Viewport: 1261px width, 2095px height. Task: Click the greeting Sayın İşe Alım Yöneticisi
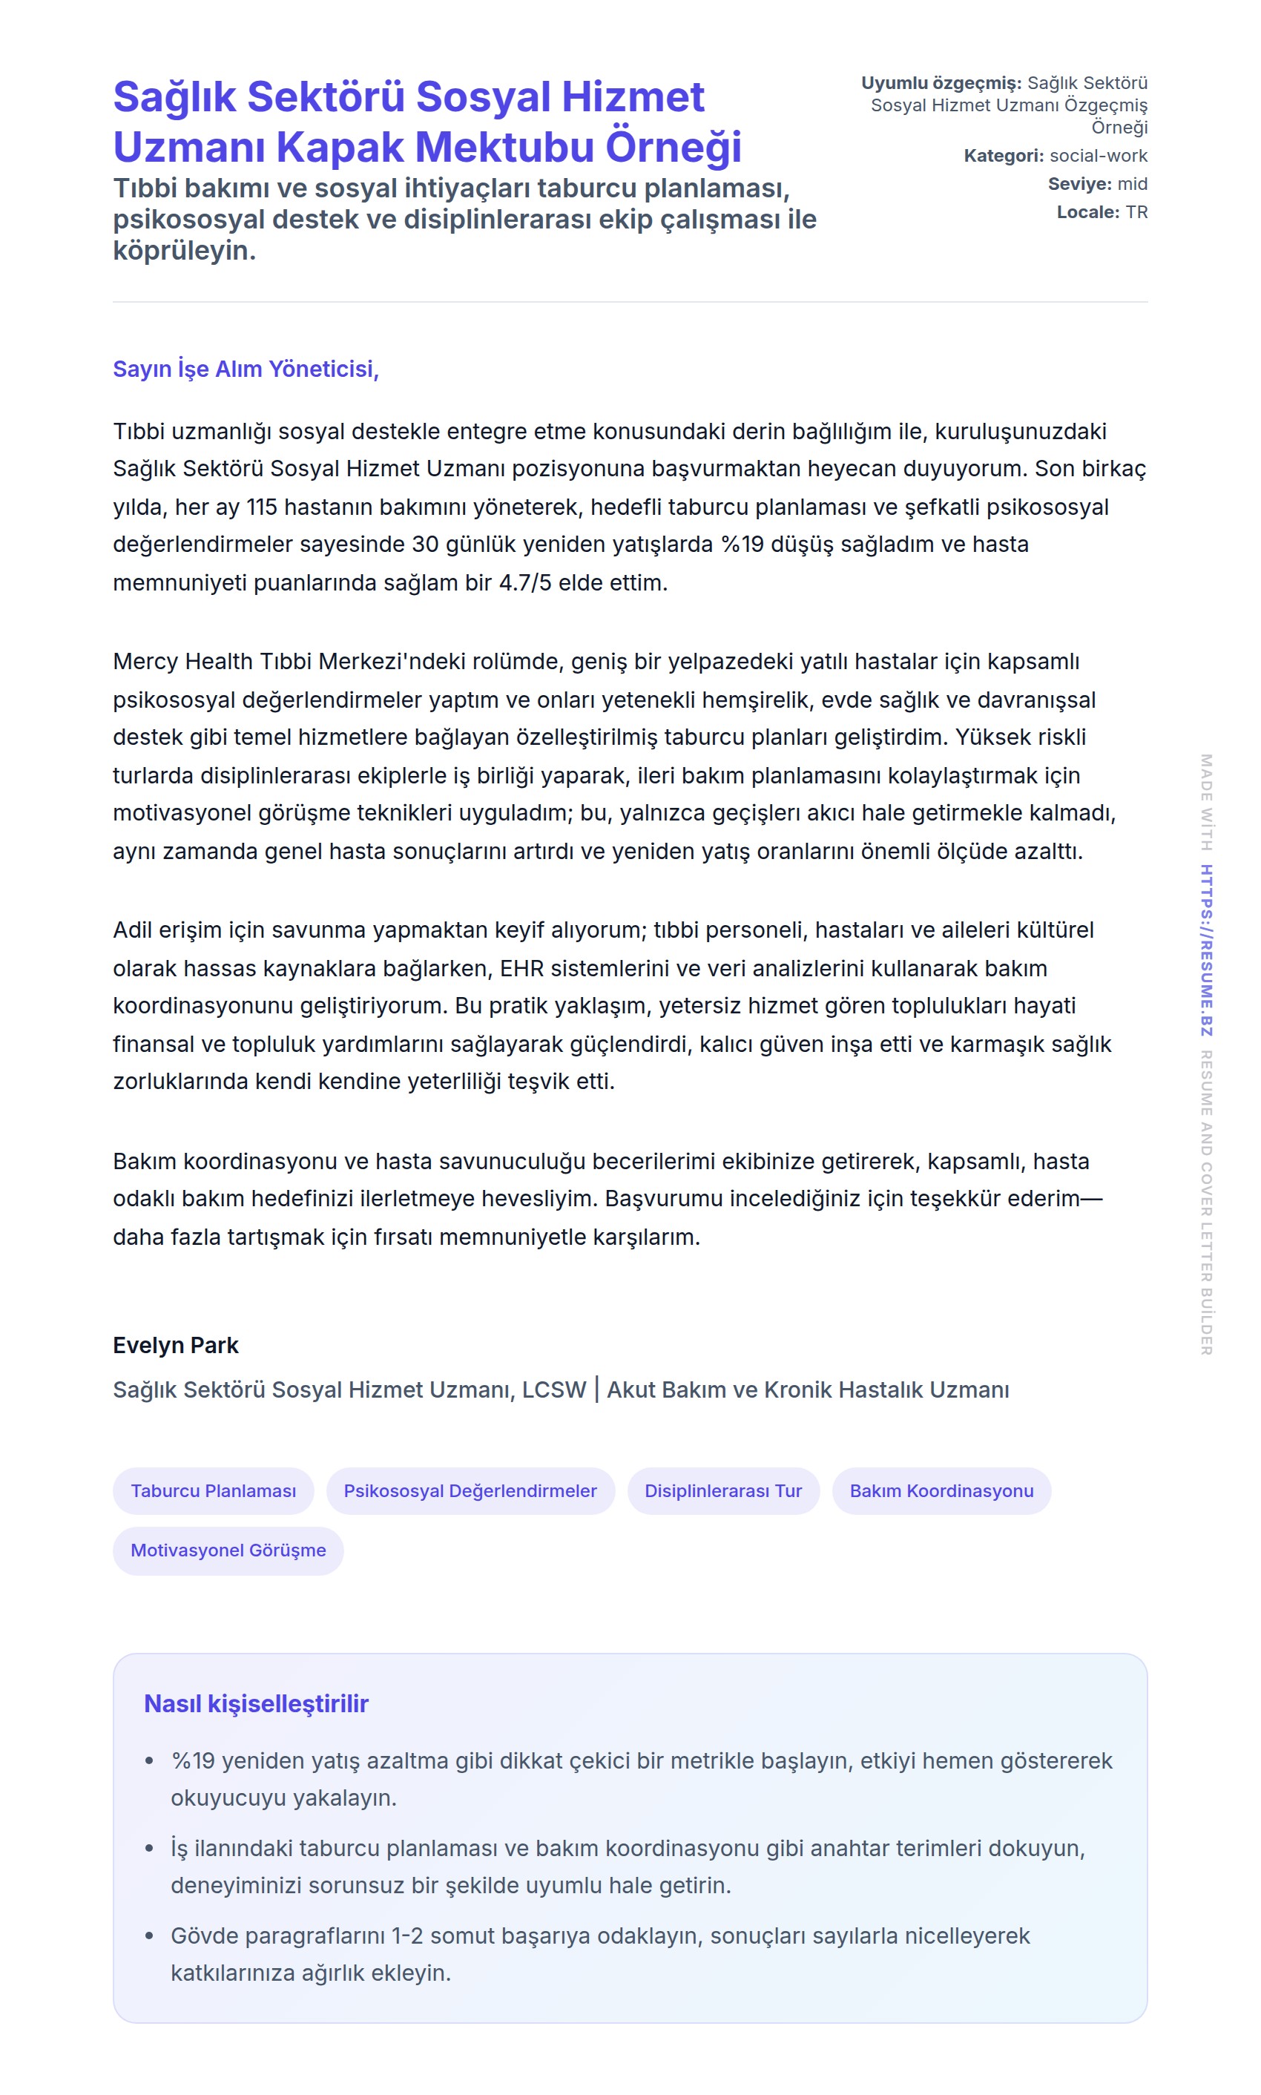click(246, 369)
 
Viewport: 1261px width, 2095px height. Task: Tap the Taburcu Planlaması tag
click(214, 1490)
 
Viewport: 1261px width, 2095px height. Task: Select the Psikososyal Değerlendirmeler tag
click(470, 1490)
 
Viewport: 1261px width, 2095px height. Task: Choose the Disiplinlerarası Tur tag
click(723, 1490)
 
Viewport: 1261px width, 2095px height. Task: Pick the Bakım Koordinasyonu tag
click(941, 1490)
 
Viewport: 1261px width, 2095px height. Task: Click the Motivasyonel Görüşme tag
click(228, 1550)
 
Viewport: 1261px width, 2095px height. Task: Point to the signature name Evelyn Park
click(176, 1345)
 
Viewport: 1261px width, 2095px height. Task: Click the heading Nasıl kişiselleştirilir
click(256, 1703)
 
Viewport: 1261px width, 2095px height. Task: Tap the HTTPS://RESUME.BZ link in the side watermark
click(1206, 950)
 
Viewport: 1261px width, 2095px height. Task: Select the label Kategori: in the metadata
click(1003, 156)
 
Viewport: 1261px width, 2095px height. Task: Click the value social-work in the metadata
click(1098, 156)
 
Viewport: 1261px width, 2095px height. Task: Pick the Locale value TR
click(1136, 211)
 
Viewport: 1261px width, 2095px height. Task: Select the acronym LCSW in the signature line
click(554, 1390)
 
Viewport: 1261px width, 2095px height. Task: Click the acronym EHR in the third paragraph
click(518, 968)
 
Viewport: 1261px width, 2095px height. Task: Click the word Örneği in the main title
click(673, 147)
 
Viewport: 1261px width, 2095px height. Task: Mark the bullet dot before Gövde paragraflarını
click(150, 1936)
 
